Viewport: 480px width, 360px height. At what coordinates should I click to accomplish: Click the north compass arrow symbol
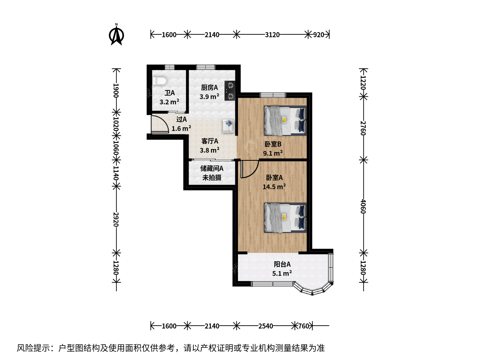tap(116, 35)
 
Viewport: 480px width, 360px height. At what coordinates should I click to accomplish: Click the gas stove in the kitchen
tap(230, 91)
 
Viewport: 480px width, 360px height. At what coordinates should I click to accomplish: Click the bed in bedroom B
tap(285, 121)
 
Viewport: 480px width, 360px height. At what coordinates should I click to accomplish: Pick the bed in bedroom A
tap(285, 218)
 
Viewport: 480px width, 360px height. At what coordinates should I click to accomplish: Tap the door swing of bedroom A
tap(250, 169)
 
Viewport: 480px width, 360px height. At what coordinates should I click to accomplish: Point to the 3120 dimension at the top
tap(272, 35)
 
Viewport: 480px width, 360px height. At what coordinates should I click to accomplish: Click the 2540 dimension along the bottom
tap(265, 326)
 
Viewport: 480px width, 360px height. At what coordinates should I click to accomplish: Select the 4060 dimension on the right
tap(363, 206)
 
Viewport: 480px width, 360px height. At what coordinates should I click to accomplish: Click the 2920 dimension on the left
tap(116, 219)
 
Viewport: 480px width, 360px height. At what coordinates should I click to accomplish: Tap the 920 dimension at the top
tap(318, 35)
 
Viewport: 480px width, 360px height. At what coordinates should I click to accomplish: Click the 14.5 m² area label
tap(274, 187)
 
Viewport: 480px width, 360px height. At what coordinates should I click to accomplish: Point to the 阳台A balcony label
tap(282, 264)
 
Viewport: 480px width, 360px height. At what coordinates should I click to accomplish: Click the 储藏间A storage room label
tap(212, 169)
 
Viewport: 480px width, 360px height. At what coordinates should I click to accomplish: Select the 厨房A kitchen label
tap(209, 88)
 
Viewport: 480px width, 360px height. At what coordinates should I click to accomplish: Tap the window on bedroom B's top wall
tap(273, 95)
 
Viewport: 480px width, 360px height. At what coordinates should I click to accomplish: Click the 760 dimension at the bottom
tap(304, 326)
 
